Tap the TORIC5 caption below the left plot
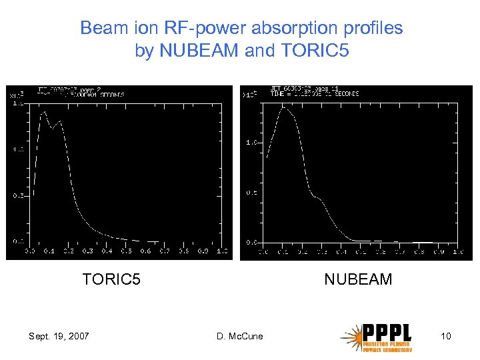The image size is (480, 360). tap(111, 279)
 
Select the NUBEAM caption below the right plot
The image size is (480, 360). tap(358, 279)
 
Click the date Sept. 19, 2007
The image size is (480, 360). tap(59, 336)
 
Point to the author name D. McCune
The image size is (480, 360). tap(240, 336)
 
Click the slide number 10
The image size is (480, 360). tap(446, 336)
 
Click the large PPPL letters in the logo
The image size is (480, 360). tap(387, 332)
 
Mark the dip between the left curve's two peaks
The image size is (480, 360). tap(52, 128)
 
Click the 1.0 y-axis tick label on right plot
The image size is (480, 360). tap(252, 143)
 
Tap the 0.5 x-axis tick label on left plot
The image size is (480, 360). tap(126, 251)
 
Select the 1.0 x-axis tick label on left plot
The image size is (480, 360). tap(222, 251)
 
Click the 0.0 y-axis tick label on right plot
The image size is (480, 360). tap(252, 241)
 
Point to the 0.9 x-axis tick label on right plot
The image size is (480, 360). tap(439, 253)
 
